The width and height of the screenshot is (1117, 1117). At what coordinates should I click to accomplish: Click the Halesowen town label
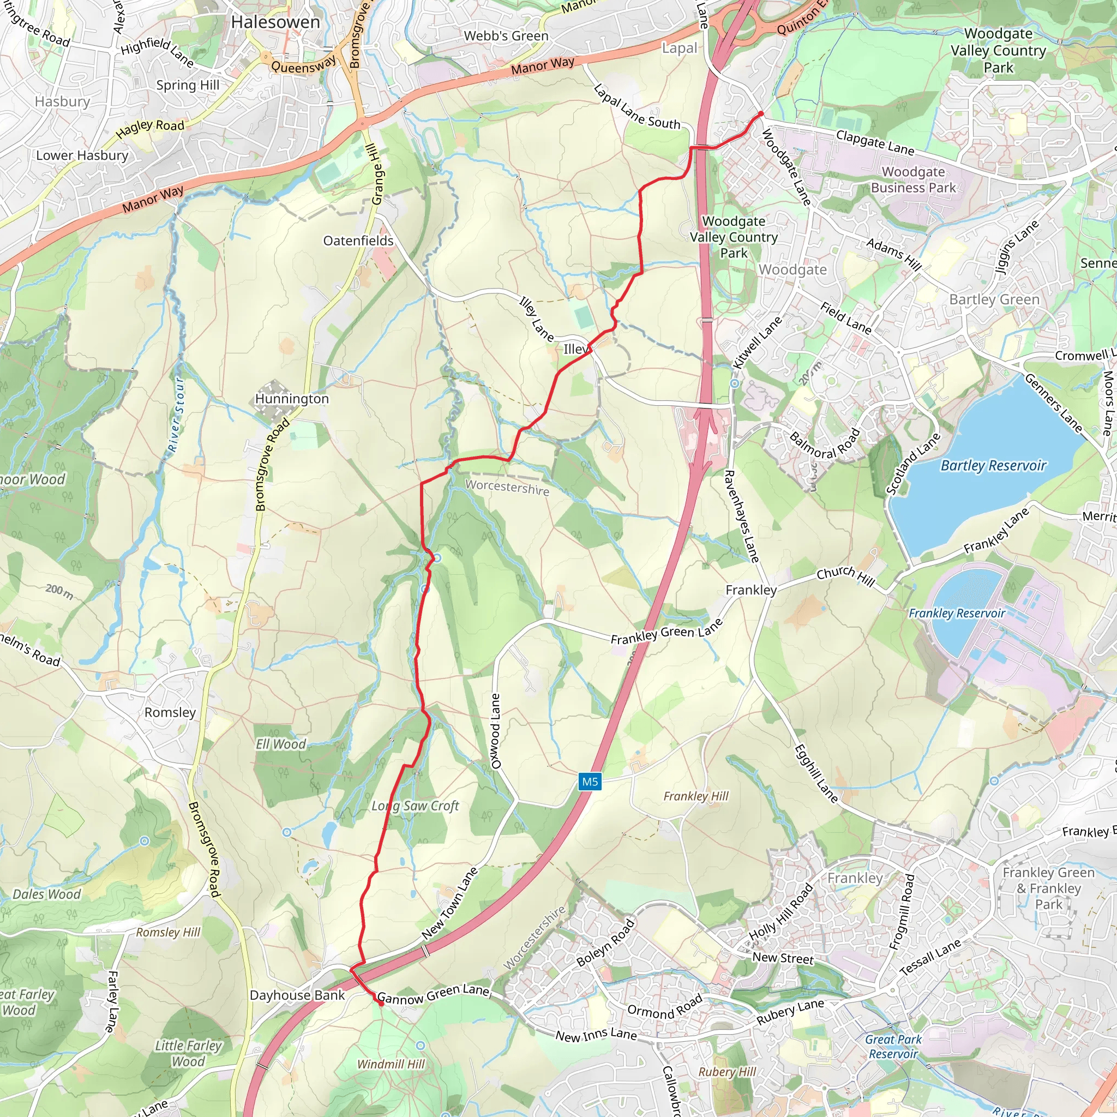pos(275,22)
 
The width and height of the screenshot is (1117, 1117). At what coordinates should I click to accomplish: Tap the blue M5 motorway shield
pos(590,782)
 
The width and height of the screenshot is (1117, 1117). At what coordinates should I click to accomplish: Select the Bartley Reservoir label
pos(993,465)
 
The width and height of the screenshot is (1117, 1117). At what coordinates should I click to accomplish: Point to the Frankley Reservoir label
pos(957,613)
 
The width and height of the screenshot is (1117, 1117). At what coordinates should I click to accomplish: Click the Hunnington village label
pos(292,399)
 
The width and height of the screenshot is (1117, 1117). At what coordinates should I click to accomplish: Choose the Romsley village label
pos(170,712)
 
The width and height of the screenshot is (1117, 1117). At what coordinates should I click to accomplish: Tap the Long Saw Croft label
pos(415,806)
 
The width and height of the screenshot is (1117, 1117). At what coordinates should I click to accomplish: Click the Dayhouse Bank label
pos(297,995)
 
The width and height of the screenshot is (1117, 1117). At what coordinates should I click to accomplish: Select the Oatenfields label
pos(358,241)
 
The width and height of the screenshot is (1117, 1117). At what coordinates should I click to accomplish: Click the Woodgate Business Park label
pos(914,180)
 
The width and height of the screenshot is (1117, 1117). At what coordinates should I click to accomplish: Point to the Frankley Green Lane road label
pos(666,632)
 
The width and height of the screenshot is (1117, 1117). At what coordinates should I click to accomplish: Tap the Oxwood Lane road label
pos(495,731)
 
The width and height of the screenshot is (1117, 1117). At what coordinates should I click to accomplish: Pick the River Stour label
pos(176,415)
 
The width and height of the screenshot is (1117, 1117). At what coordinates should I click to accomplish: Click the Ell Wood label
pos(281,744)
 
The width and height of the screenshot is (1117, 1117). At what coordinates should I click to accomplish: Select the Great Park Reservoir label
pos(893,1047)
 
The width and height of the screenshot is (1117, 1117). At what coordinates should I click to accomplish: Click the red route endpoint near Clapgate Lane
pos(761,114)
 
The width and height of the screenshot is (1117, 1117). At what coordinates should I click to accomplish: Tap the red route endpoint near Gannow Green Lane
pos(381,1004)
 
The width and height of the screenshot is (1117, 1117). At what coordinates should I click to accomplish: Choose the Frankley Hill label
pos(696,796)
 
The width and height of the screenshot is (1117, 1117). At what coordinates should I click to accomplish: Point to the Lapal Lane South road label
pos(637,107)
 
